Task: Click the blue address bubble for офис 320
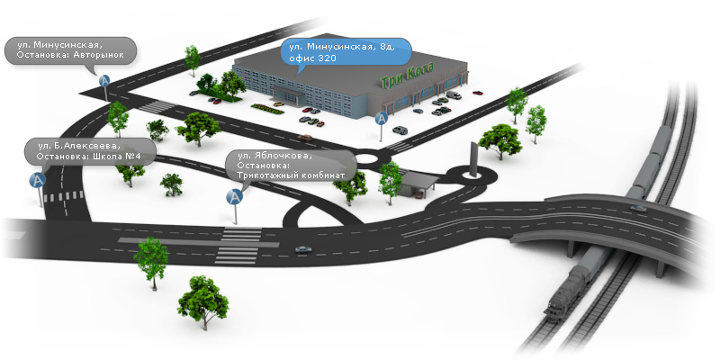pyautogui.click(x=346, y=51)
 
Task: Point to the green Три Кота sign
pyautogui.click(x=408, y=78)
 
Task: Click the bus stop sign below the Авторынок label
pyautogui.click(x=104, y=86)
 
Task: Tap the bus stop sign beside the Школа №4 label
pyautogui.click(x=38, y=187)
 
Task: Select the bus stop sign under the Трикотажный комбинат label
pyautogui.click(x=235, y=205)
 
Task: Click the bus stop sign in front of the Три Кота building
pyautogui.click(x=381, y=125)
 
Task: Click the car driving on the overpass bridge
pyautogui.click(x=638, y=209)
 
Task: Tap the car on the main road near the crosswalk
pyautogui.click(x=303, y=249)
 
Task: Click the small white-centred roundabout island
pyautogui.click(x=366, y=159)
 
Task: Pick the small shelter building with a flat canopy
pyautogui.click(x=417, y=184)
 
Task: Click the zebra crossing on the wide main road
pyautogui.click(x=238, y=246)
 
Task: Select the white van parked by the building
pyautogui.click(x=454, y=95)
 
